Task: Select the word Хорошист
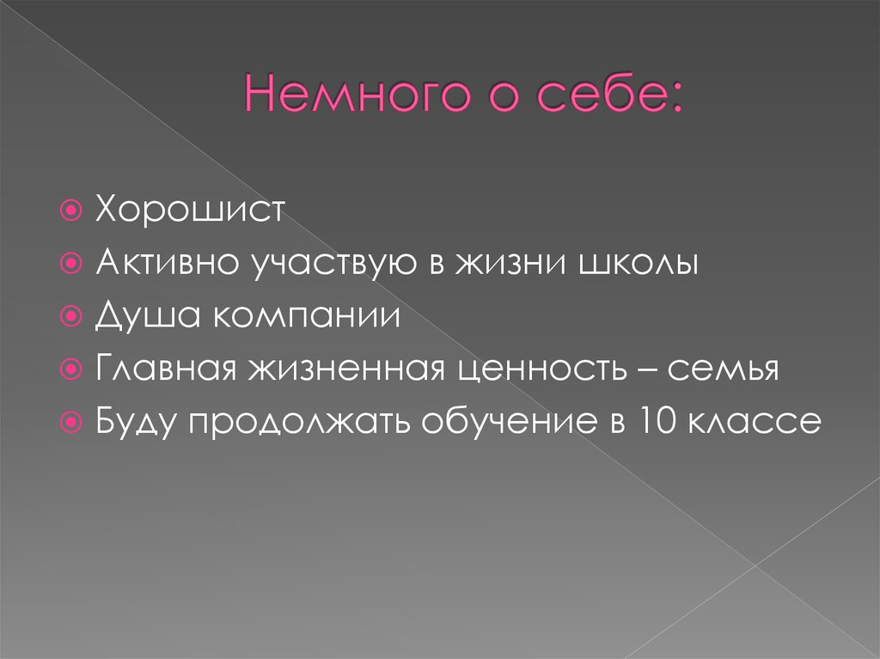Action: [x=189, y=211]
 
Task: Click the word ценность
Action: [x=535, y=370]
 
